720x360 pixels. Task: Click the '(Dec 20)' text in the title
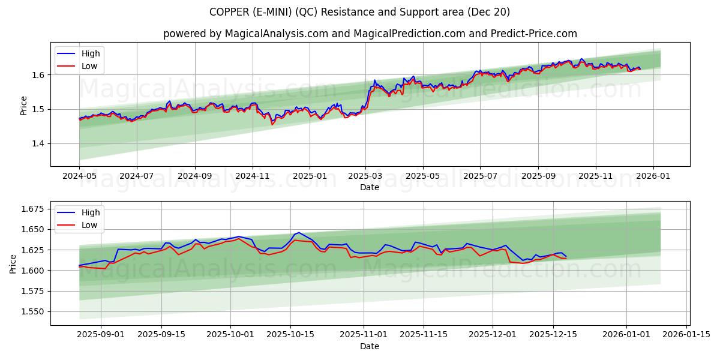[490, 12]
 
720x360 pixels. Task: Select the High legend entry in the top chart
[91, 53]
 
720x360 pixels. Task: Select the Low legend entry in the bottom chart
[89, 225]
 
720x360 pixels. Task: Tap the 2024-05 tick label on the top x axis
[79, 176]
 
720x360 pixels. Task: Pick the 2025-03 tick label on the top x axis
[365, 176]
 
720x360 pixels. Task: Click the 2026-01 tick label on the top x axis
[653, 176]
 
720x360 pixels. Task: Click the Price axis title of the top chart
[24, 105]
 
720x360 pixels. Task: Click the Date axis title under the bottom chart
[370, 346]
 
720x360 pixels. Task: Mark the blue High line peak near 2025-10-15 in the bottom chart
[299, 232]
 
